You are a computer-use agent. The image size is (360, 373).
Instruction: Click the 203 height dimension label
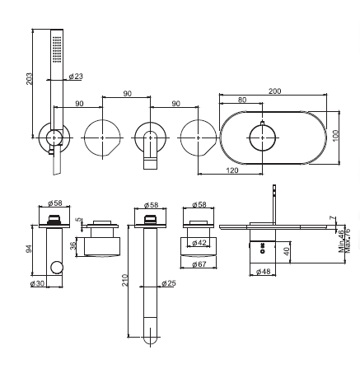point(29,78)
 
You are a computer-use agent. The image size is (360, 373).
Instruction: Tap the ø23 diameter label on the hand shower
point(76,76)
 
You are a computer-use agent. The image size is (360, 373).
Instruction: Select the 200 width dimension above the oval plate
point(274,91)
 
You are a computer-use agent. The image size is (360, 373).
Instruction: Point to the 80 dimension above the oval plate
point(242,100)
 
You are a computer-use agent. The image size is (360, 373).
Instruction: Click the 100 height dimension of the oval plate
point(336,135)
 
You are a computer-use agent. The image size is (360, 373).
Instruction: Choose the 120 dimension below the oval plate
point(232,170)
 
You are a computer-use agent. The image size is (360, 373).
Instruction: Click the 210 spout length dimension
point(125,280)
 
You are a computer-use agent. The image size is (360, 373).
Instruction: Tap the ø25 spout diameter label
point(169,283)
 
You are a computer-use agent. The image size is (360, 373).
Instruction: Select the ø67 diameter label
point(199,264)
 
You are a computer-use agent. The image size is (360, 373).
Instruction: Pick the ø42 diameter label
point(199,243)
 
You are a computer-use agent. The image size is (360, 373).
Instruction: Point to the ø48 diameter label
point(263,272)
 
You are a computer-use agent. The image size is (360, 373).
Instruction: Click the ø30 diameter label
point(37,283)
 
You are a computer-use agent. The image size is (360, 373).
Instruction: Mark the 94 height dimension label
point(29,249)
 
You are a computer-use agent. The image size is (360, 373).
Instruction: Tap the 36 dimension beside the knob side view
point(72,245)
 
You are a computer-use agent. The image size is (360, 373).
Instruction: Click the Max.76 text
point(348,240)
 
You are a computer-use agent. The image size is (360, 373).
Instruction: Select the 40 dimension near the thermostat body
point(286,251)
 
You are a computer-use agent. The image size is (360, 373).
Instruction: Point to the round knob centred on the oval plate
point(262,138)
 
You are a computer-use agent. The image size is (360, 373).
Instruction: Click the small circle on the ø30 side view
point(57,268)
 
